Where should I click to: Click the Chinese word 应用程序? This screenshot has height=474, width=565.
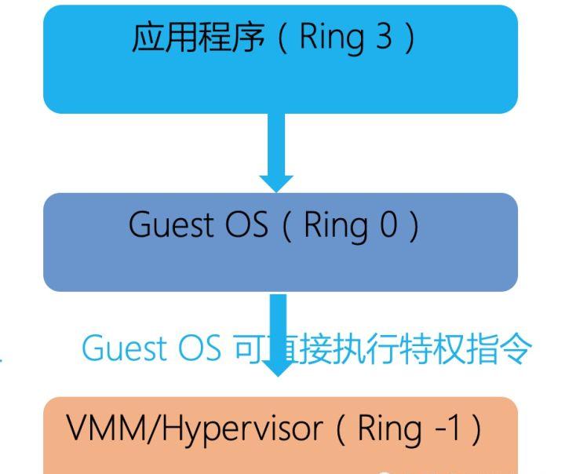click(199, 38)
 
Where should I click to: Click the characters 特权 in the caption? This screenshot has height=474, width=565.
click(439, 348)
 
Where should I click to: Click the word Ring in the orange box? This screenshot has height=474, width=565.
click(386, 429)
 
